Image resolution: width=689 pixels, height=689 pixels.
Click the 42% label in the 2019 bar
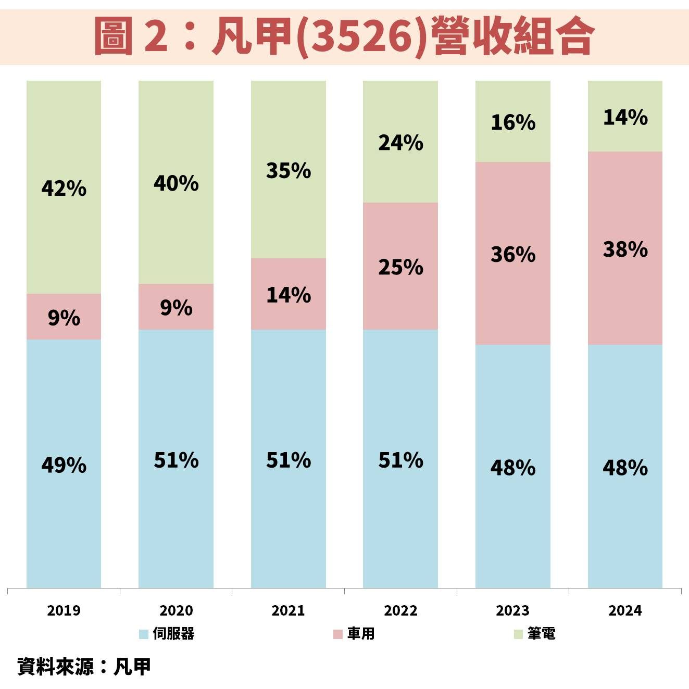pos(64,188)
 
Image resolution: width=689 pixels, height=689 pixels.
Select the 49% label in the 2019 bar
pos(64,465)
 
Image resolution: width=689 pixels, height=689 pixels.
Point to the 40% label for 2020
pos(176,183)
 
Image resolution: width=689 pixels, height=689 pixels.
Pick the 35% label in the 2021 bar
pos(289,170)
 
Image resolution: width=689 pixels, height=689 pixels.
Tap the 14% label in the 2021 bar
pos(289,295)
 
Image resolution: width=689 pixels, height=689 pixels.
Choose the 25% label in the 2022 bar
pos(400,267)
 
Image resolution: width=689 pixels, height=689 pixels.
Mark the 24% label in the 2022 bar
pos(400,142)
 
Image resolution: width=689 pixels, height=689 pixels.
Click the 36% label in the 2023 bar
pos(513,254)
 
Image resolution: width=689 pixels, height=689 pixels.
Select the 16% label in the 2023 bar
pos(513,122)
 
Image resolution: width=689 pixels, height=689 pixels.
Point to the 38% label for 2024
pos(625,249)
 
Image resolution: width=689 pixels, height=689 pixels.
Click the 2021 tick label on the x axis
pos(288,610)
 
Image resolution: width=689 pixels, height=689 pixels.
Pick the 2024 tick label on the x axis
pos(625,610)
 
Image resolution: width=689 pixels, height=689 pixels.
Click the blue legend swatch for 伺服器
pos(144,634)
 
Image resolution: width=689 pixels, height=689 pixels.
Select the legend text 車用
pos(361,634)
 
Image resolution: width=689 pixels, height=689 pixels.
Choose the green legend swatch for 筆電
pos(518,634)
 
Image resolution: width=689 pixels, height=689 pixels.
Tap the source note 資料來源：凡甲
pos(84,667)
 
